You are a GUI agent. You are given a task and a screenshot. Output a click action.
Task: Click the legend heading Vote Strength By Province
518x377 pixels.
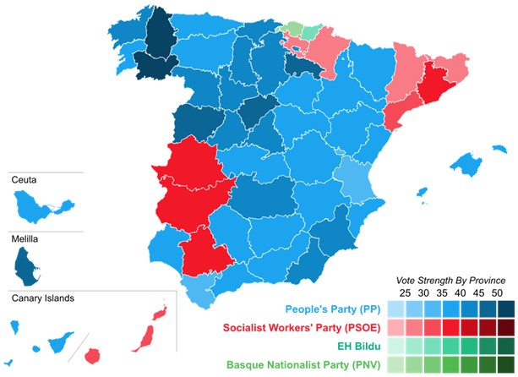click(x=450, y=280)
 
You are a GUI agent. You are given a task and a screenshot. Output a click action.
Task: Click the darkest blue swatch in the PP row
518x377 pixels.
click(x=504, y=308)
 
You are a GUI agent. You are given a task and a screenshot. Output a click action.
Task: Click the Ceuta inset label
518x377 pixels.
click(x=25, y=180)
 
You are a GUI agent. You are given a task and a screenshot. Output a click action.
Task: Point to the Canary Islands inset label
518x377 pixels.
click(x=43, y=298)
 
